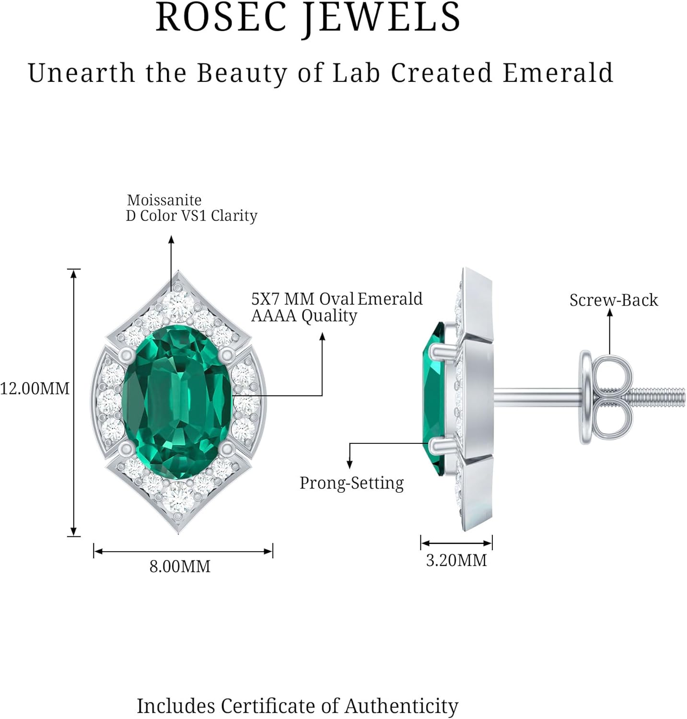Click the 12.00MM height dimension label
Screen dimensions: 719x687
tap(35, 388)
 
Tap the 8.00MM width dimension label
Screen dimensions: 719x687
tap(180, 567)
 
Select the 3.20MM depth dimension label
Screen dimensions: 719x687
tap(456, 560)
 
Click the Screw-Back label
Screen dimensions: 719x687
tap(614, 301)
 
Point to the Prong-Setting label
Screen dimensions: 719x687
tap(351, 483)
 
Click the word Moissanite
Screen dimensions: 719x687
tap(164, 200)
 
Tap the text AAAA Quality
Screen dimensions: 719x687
tap(304, 316)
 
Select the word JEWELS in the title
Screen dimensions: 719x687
tap(382, 18)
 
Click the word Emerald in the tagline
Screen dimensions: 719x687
tap(558, 73)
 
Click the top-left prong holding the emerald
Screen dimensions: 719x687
tap(127, 355)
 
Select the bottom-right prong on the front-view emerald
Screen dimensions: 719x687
tap(226, 449)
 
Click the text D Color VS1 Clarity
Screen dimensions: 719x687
tap(192, 216)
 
